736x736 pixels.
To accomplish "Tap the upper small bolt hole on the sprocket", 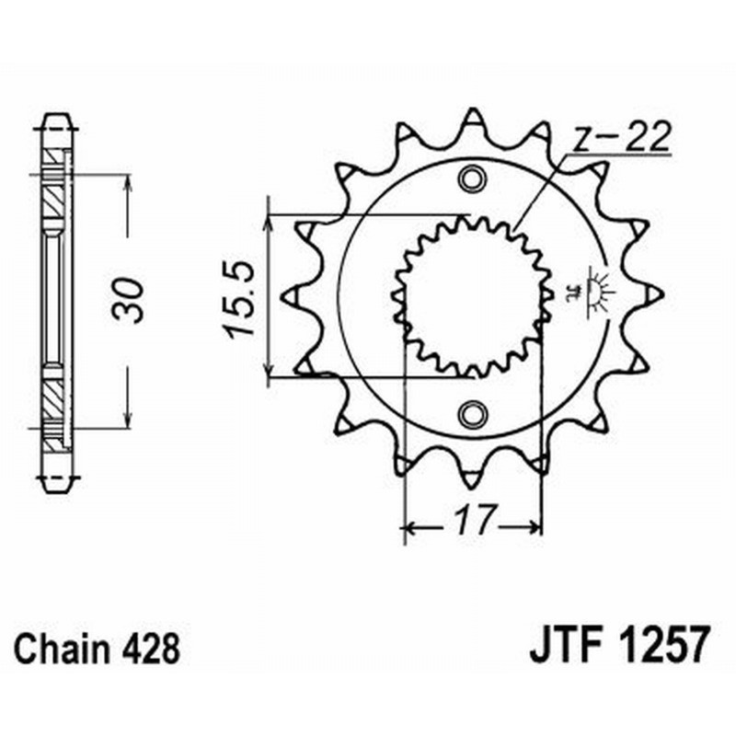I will [474, 178].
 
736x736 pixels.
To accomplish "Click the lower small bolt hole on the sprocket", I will [474, 413].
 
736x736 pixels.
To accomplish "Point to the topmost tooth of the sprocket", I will [474, 118].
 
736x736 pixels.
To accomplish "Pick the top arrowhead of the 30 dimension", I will [127, 179].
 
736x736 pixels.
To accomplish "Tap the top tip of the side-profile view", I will [56, 116].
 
